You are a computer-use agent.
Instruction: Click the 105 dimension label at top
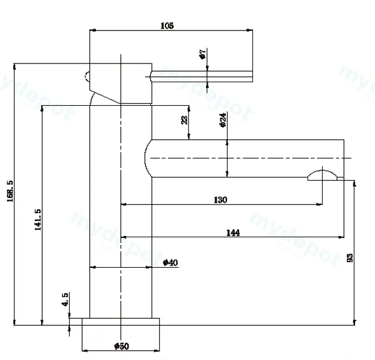[167, 26]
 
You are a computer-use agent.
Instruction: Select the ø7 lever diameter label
[202, 54]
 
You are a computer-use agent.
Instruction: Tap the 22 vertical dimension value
[185, 120]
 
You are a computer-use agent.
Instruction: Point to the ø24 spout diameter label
[222, 120]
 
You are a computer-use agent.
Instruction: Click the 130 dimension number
[220, 200]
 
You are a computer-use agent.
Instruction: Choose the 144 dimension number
[233, 233]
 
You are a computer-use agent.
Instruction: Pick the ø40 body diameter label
[170, 263]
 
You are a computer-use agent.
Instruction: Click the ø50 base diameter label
[121, 346]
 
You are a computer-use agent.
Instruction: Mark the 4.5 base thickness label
[65, 299]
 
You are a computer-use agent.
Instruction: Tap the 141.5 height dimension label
[38, 220]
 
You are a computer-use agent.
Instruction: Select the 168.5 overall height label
[10, 191]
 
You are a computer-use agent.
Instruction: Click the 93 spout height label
[350, 258]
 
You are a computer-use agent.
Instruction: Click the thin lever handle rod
[202, 76]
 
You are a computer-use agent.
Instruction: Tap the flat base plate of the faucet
[120, 322]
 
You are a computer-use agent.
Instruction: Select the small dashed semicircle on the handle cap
[86, 76]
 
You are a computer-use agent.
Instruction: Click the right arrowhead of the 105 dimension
[249, 30]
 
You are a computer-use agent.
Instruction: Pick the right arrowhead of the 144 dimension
[341, 237]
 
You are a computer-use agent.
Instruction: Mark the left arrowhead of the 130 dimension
[123, 204]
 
